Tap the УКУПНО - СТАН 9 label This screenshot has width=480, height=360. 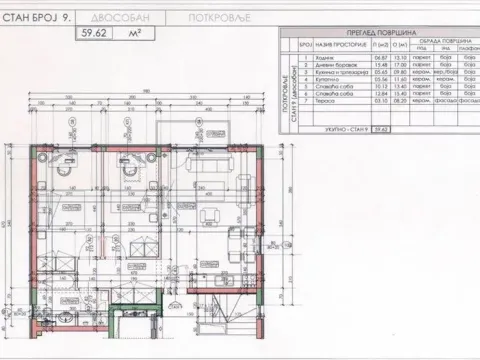tap(329, 130)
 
